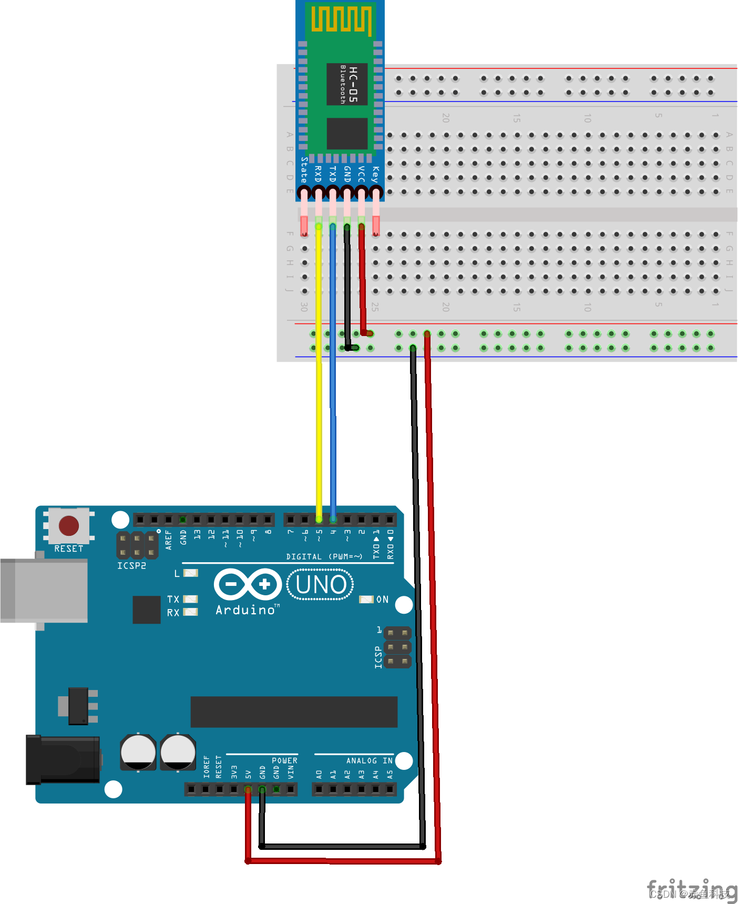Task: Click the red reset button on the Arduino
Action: pyautogui.click(x=69, y=525)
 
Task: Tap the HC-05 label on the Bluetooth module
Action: pyautogui.click(x=353, y=84)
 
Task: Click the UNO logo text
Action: pyautogui.click(x=321, y=585)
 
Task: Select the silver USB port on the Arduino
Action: pyautogui.click(x=44, y=590)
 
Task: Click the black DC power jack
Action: pyautogui.click(x=63, y=760)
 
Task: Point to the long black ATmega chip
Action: pyautogui.click(x=294, y=712)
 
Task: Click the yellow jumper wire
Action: pyautogui.click(x=319, y=394)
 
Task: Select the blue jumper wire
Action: pyautogui.click(x=333, y=394)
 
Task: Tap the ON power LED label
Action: pyautogui.click(x=382, y=600)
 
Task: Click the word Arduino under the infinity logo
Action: pyautogui.click(x=245, y=610)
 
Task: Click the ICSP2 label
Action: pyautogui.click(x=131, y=566)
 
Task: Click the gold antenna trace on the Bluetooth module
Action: pyautogui.click(x=341, y=19)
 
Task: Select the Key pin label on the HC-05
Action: pyautogui.click(x=375, y=174)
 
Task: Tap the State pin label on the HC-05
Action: pyautogui.click(x=304, y=169)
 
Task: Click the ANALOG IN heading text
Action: pyautogui.click(x=369, y=760)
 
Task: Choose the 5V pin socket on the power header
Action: pyautogui.click(x=248, y=789)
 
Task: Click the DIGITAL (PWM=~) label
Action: pyautogui.click(x=324, y=556)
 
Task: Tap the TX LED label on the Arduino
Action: pyautogui.click(x=173, y=600)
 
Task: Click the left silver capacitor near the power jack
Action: pyautogui.click(x=138, y=752)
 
